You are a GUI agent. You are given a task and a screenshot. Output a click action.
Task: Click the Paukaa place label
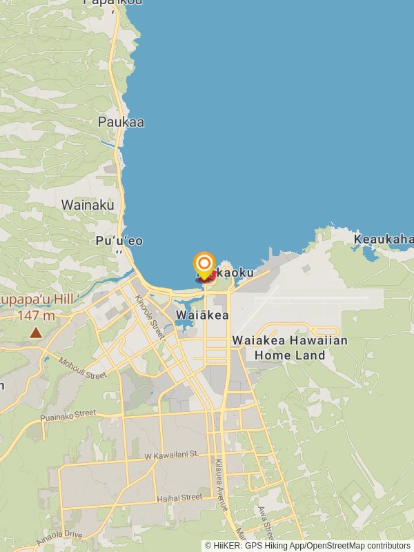pyautogui.click(x=121, y=122)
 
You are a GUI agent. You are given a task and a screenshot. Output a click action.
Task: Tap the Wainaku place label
pyautogui.click(x=87, y=205)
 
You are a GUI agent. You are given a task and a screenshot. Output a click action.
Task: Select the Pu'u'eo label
pyautogui.click(x=120, y=241)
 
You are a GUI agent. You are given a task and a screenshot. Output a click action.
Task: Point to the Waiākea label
pyautogui.click(x=202, y=315)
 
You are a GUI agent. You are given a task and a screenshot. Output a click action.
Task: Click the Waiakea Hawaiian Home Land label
pyautogui.click(x=290, y=348)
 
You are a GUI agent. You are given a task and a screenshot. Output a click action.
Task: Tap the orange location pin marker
pyautogui.click(x=204, y=265)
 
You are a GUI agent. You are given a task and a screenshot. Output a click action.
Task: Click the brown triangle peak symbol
pyautogui.click(x=35, y=333)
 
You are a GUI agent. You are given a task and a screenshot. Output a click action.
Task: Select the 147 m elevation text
pyautogui.click(x=36, y=316)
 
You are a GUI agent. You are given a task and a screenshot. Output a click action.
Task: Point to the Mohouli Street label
pyautogui.click(x=83, y=368)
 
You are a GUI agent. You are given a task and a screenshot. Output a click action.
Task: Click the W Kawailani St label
pyautogui.click(x=170, y=455)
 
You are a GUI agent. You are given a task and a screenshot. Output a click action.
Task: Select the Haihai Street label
pyautogui.click(x=179, y=497)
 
